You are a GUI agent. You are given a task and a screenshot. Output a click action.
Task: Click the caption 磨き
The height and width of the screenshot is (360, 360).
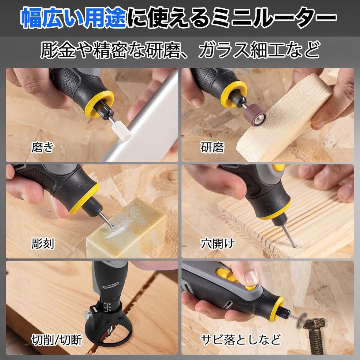click(43, 147)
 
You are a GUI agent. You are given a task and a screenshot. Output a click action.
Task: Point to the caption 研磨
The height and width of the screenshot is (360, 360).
click(212, 147)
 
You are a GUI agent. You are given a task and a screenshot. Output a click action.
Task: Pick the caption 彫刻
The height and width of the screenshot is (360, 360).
click(43, 244)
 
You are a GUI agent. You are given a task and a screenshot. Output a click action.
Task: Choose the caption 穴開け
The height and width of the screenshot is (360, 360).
click(217, 244)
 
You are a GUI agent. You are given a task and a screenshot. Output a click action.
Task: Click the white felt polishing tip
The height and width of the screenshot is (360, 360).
click(121, 130)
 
